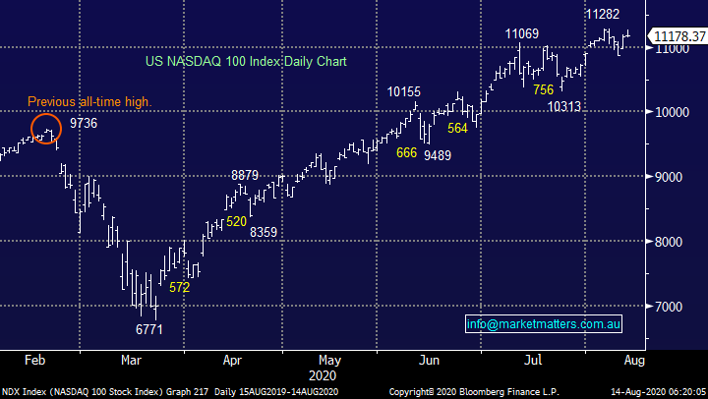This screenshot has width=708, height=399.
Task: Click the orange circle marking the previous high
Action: [x=46, y=129]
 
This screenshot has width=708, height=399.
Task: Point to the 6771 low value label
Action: [x=148, y=329]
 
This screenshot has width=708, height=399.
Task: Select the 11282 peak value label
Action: [x=602, y=14]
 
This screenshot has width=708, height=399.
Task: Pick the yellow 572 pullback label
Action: [x=179, y=287]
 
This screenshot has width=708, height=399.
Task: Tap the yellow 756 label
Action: [x=542, y=89]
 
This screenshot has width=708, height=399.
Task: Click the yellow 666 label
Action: [x=406, y=152]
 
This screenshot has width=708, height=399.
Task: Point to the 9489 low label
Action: [x=439, y=153]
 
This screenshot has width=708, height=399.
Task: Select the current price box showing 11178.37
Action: [x=679, y=37]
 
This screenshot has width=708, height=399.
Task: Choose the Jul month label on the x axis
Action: [x=535, y=361]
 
